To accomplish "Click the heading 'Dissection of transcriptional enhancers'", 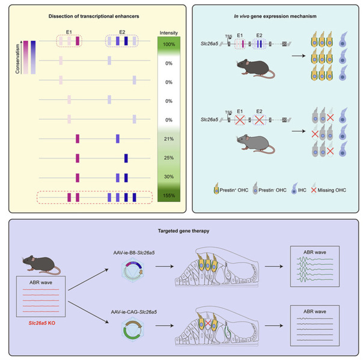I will (x=94, y=16).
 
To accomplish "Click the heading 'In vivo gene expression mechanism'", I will (x=278, y=16).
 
